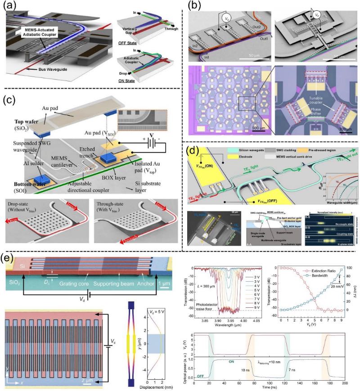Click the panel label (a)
11,8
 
